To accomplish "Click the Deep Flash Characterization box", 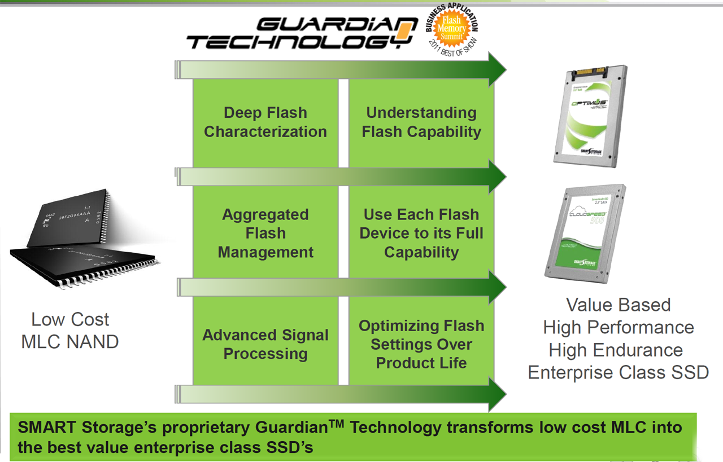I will coord(265,122).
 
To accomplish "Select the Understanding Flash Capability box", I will coord(421,122).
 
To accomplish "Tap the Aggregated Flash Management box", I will coord(265,233).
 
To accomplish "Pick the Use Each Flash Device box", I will coord(421,233).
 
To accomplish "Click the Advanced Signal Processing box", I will coord(265,344).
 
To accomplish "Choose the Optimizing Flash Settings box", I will coord(421,344).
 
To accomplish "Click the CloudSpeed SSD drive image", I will coord(585,232).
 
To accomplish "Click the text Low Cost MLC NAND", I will coord(70,331).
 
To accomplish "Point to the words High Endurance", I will coord(616,350).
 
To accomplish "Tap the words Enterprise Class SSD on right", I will coord(619,372).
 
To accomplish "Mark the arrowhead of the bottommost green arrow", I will coord(496,394).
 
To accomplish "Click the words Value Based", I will coord(619,305).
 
